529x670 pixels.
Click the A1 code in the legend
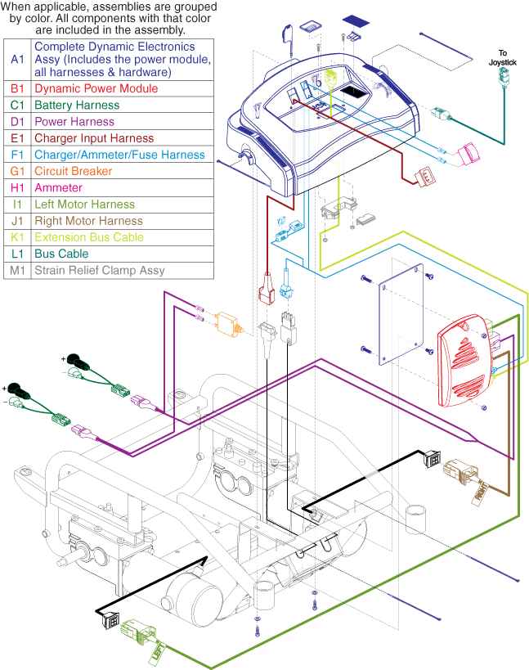click(x=18, y=59)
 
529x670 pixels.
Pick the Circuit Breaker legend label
click(x=74, y=171)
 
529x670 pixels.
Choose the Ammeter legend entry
click(x=58, y=188)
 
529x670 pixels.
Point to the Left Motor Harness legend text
click(x=84, y=205)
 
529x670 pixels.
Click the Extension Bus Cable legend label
click(x=89, y=237)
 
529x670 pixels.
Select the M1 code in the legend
click(x=18, y=271)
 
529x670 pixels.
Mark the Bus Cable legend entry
click(x=62, y=254)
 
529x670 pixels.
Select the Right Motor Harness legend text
click(x=88, y=221)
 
